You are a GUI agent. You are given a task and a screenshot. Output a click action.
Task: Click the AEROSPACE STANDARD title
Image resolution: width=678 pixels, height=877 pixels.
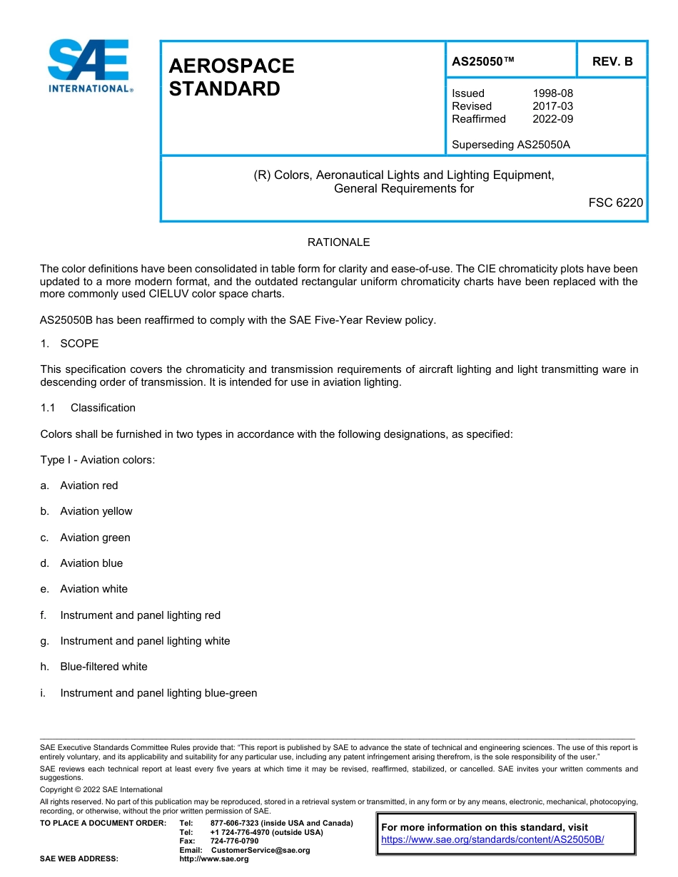(x=231, y=77)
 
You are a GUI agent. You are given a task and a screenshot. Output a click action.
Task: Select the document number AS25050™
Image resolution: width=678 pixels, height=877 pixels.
(x=482, y=61)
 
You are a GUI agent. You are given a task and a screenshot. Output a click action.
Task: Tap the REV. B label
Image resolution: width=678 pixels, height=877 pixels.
(x=612, y=61)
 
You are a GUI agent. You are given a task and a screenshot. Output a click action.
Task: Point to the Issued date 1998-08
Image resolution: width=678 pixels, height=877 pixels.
(x=552, y=93)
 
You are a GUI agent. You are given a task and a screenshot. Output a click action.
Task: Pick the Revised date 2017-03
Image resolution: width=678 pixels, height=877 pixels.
(x=552, y=106)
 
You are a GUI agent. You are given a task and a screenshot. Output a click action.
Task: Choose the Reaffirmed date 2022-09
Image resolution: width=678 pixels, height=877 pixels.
(x=552, y=119)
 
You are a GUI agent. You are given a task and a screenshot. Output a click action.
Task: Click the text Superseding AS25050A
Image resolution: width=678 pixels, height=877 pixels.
(x=510, y=145)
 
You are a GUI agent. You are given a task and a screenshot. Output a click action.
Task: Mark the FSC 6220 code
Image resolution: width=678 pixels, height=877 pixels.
(x=615, y=202)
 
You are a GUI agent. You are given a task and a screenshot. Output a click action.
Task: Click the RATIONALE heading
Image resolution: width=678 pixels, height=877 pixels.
(x=338, y=242)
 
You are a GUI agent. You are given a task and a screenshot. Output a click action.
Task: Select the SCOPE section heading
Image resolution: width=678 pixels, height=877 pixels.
(x=79, y=344)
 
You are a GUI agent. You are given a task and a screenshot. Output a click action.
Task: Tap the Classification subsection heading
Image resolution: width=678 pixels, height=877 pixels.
(x=103, y=408)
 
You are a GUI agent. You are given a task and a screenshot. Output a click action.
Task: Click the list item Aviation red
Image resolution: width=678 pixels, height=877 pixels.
(x=89, y=486)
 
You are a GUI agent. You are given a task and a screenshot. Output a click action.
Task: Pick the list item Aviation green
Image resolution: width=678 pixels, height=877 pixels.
(x=95, y=538)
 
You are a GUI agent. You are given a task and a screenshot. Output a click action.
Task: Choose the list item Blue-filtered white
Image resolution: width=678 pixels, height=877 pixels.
(x=103, y=667)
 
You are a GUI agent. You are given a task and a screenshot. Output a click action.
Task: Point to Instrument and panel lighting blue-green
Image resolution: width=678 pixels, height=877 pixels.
(x=158, y=693)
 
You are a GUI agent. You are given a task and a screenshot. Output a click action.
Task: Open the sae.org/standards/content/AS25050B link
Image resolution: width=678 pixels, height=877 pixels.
(x=492, y=839)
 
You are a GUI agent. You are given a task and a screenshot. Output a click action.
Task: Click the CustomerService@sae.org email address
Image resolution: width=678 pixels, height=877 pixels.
(x=260, y=850)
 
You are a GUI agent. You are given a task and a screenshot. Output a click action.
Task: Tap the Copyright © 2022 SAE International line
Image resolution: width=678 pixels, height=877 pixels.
(x=101, y=789)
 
